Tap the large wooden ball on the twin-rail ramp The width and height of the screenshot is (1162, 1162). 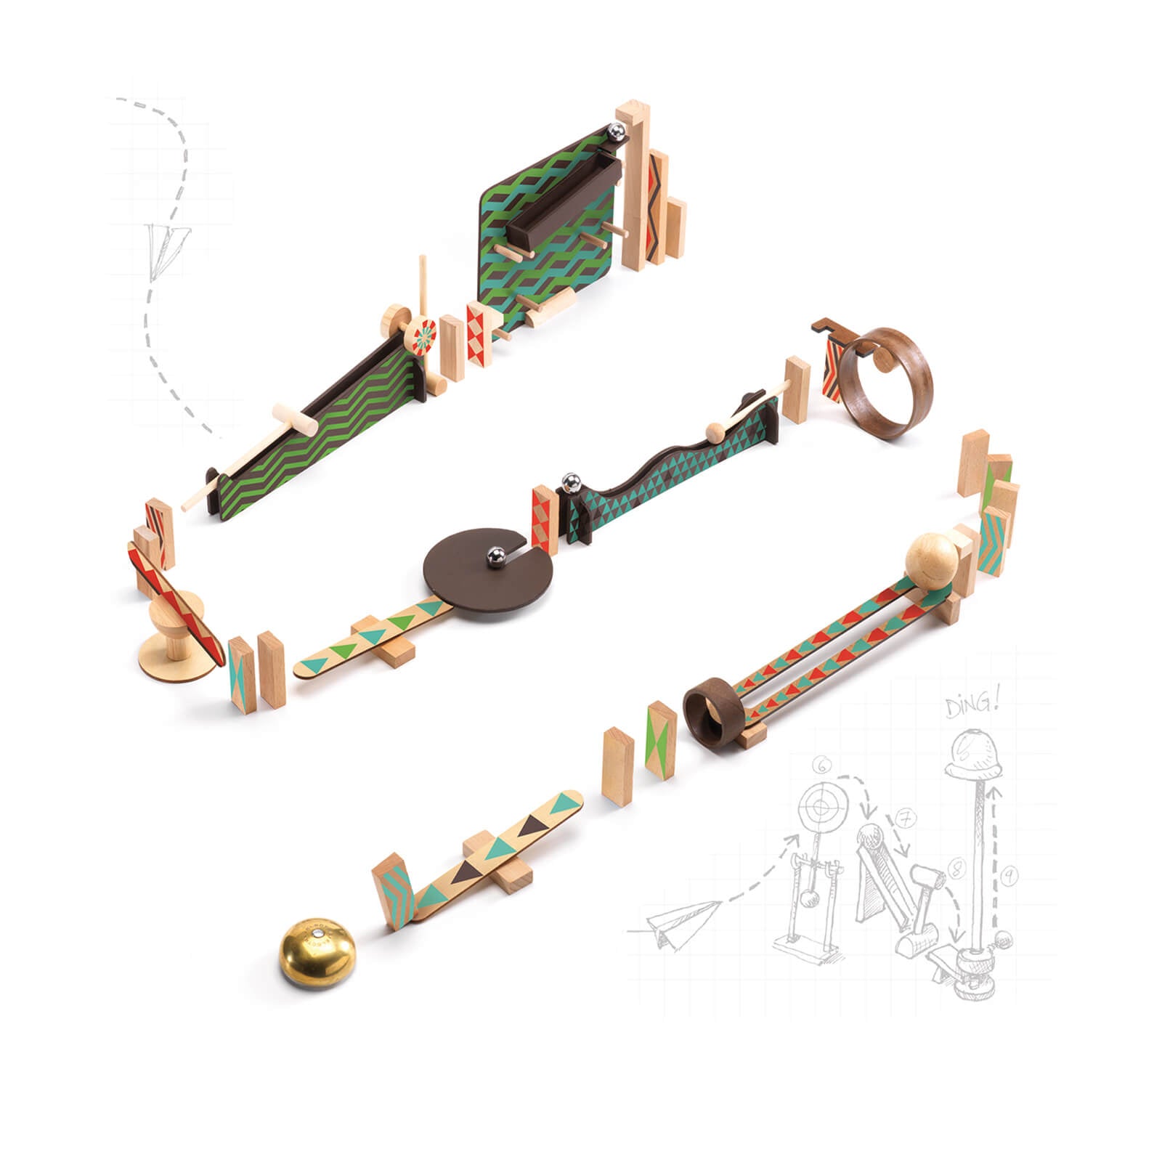[932, 560]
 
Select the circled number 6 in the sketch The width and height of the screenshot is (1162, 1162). [821, 765]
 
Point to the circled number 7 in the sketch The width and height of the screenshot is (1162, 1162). [905, 818]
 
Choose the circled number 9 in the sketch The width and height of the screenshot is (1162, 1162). [1008, 877]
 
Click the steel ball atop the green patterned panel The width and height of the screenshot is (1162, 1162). [615, 134]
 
